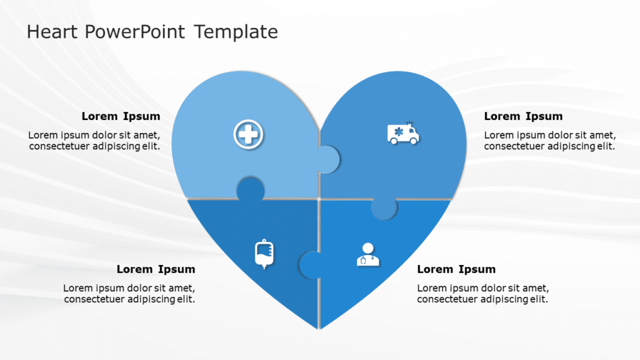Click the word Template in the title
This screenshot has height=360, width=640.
236,31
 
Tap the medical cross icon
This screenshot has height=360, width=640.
249,134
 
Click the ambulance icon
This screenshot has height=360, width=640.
403,133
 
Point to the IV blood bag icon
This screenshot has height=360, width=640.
264,254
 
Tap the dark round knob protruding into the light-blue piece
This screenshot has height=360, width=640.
250,189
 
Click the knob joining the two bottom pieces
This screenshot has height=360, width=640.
310,265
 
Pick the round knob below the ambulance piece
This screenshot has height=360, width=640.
384,208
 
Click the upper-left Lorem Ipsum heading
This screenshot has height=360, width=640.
121,116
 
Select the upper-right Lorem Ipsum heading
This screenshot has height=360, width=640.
523,116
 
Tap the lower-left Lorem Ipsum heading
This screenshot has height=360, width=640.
156,269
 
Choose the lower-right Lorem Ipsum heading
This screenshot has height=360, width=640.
456,269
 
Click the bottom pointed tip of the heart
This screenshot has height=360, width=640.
319,326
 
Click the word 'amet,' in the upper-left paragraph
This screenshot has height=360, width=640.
147,135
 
